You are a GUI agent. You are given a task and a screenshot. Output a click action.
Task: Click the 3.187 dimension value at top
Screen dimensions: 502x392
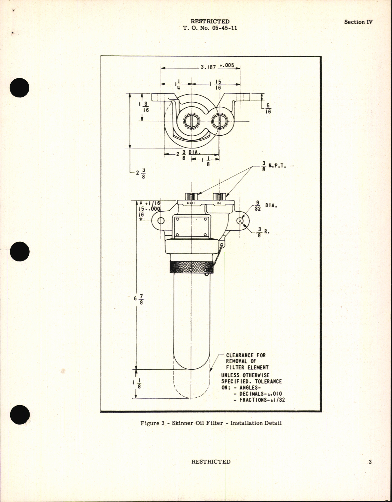[x=208, y=67]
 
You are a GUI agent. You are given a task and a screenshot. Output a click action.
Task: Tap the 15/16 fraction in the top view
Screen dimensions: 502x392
[x=218, y=85]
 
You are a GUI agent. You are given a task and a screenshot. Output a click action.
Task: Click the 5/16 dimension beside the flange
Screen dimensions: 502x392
[x=268, y=109]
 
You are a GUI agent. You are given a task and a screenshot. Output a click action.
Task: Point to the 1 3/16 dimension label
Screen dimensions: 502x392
[x=144, y=107]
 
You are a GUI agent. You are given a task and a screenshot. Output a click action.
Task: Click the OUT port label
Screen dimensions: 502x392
[x=191, y=203]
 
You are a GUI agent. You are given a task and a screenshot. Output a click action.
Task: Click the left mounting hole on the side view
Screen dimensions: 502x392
[x=161, y=221]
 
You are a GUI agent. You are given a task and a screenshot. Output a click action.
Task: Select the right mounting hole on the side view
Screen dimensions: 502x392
[x=240, y=221]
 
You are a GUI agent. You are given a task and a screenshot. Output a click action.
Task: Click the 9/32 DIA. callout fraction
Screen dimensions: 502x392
[x=257, y=206]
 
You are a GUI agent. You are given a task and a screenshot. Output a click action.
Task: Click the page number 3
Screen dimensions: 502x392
[x=370, y=462]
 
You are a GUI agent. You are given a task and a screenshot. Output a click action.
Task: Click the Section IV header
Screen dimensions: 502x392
[x=358, y=22]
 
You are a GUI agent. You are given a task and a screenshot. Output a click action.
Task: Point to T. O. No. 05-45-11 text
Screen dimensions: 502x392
[x=210, y=28]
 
